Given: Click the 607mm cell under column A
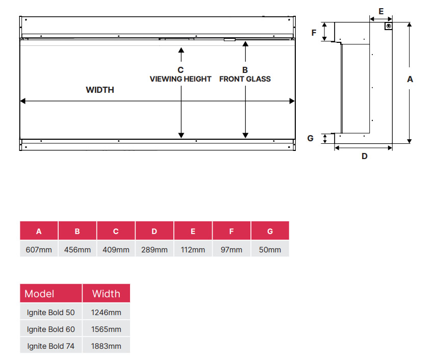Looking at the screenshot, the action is click(39, 249).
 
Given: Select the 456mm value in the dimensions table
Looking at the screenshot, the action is click(77, 249).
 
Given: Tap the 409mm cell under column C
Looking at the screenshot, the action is click(116, 249).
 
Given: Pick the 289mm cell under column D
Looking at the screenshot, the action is click(154, 249).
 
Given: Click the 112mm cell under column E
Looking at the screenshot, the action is click(193, 249).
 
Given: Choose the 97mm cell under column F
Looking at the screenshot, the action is click(232, 249).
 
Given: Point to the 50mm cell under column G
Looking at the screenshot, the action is click(270, 249).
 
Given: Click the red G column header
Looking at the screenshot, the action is click(270, 230).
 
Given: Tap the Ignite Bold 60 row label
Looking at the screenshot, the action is click(51, 329).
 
